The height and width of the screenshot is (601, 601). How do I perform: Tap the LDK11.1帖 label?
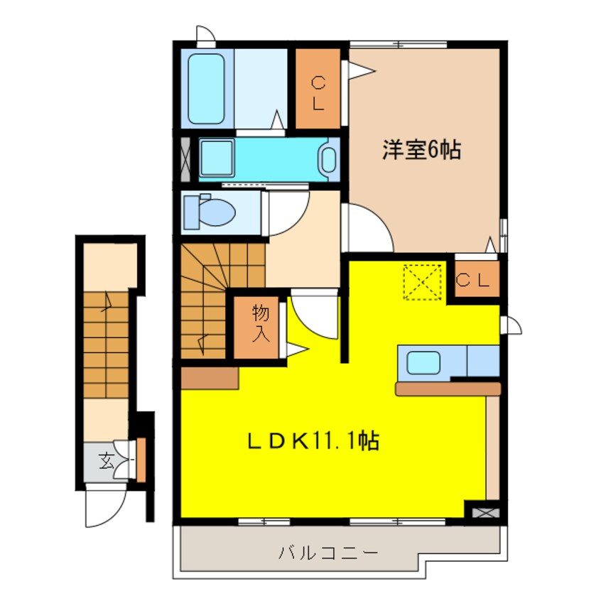click(x=313, y=441)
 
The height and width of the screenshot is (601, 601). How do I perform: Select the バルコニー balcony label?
click(x=327, y=552)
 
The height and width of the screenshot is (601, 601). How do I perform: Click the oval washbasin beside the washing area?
click(x=328, y=159)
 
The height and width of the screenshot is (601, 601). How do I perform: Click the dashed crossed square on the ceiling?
click(x=422, y=281)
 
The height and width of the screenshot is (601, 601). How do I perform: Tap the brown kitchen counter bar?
click(x=448, y=388)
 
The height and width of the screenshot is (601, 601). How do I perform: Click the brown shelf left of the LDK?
click(x=209, y=378)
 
